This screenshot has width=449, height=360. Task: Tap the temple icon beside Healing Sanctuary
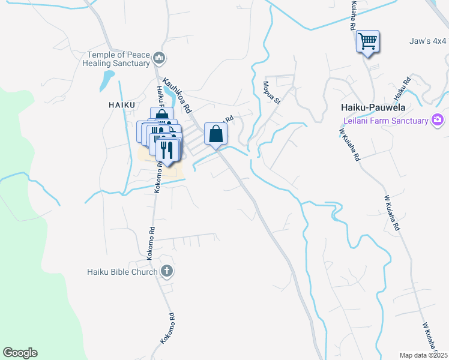point(159,58)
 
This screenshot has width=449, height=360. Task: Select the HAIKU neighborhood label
point(120,104)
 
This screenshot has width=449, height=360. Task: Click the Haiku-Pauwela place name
point(373,107)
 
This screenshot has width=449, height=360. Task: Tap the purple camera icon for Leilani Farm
point(438,120)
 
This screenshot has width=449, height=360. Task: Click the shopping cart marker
point(367,41)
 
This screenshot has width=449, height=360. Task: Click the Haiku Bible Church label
point(122,272)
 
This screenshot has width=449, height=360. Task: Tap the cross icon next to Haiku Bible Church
point(167,272)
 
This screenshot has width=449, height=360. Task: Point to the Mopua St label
point(271,92)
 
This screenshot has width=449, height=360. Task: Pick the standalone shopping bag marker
point(216,134)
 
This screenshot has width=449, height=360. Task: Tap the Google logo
point(20,353)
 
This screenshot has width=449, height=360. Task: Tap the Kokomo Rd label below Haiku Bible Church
point(167,328)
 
